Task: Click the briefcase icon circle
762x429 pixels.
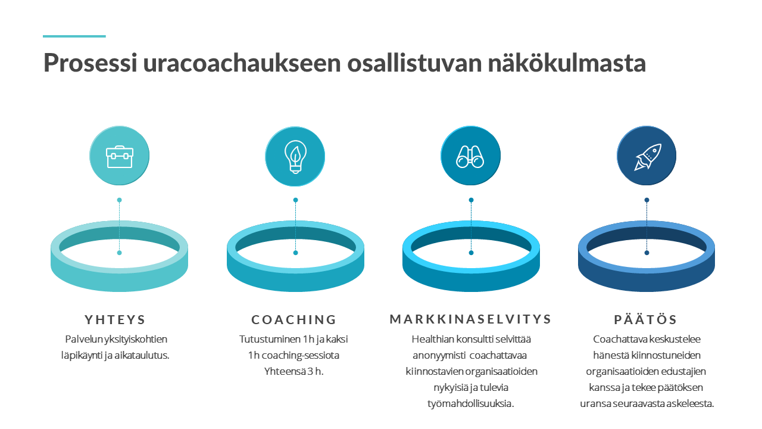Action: coord(120,156)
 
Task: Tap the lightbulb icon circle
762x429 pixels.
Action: coord(295,156)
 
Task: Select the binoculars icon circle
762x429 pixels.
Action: coord(471,156)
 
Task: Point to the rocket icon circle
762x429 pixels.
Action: coord(647,156)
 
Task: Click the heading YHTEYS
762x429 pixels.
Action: coord(115,320)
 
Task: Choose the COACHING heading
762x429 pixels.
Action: coord(294,320)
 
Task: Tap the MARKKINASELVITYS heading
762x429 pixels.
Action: coord(470,319)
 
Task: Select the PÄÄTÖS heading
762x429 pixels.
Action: coord(646,319)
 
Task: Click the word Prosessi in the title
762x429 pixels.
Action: coord(90,63)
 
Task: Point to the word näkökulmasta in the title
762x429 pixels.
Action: coord(567,63)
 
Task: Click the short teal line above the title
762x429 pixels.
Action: coord(74,36)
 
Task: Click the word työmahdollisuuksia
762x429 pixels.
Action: coord(470,404)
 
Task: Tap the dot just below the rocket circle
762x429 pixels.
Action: coord(647,200)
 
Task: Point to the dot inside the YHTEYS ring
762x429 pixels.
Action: coord(120,253)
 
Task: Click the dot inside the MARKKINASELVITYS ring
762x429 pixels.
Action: coord(471,253)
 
